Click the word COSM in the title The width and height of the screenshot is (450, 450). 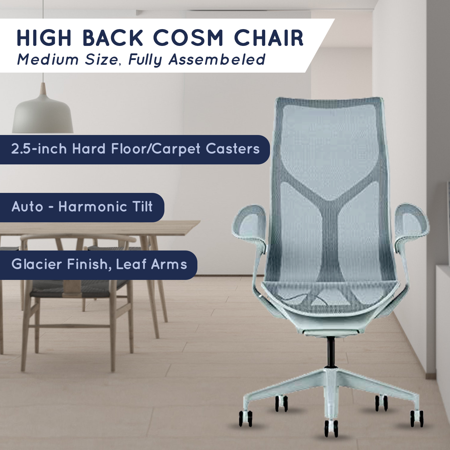(188, 38)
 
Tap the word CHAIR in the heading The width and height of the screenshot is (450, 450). (269, 38)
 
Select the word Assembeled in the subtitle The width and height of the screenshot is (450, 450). (217, 59)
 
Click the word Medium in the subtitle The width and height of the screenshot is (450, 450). (48, 59)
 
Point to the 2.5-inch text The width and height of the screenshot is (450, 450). (39, 149)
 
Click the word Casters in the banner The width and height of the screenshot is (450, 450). (232, 149)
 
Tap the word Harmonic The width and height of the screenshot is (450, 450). (93, 207)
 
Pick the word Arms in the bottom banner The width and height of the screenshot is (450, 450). (169, 264)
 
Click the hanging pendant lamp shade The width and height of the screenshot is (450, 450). (43, 114)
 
